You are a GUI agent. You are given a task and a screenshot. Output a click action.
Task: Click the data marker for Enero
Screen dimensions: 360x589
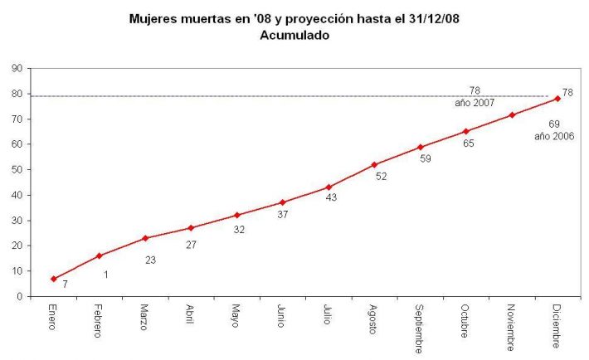[54, 279]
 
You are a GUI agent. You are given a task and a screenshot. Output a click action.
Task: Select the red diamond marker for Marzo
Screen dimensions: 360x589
[145, 238]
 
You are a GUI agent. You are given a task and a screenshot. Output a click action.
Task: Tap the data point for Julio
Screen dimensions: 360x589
[329, 187]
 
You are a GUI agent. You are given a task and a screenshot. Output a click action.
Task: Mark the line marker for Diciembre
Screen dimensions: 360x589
[557, 99]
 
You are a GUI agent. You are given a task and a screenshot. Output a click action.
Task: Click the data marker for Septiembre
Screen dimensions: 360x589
[421, 147]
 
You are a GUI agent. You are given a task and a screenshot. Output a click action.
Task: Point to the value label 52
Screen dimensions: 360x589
[381, 176]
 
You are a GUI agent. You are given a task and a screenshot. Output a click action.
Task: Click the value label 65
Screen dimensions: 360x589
[468, 144]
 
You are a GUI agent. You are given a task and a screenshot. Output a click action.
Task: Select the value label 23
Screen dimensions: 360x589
[150, 259]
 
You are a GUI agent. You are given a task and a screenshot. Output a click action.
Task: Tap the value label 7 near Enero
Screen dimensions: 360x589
[64, 285]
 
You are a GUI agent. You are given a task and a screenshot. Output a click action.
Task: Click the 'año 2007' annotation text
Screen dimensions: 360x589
[475, 103]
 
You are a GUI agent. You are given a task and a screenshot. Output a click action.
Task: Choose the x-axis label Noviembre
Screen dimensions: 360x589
[512, 326]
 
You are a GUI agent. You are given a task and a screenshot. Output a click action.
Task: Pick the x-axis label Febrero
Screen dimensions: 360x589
[100, 321]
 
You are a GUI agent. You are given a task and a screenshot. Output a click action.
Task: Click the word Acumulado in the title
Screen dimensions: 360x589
[294, 35]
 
